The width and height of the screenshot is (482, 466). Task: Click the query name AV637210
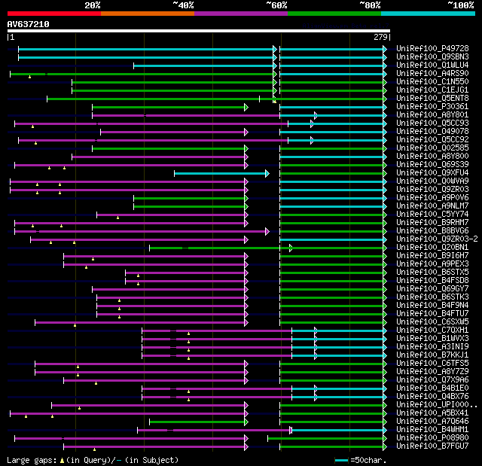click(x=28, y=24)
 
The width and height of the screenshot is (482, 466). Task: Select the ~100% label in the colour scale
click(x=460, y=5)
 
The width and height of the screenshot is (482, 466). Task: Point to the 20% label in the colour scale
click(x=93, y=5)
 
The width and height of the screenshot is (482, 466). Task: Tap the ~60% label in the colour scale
click(x=276, y=5)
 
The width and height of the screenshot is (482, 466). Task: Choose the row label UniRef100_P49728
click(x=432, y=48)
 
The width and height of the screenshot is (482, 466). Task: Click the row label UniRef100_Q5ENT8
click(x=432, y=98)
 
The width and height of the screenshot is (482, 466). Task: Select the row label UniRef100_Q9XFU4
click(x=432, y=172)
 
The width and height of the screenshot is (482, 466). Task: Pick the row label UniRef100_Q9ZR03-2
click(x=436, y=239)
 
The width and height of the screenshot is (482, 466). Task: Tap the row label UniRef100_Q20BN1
click(x=432, y=247)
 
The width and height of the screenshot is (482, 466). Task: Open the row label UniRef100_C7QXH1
click(x=432, y=330)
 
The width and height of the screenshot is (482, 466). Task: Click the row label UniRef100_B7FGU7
click(x=432, y=446)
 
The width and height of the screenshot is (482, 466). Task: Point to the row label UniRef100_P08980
click(x=432, y=437)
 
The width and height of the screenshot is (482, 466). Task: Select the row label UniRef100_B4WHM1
click(x=432, y=429)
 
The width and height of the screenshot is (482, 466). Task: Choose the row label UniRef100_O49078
click(x=432, y=131)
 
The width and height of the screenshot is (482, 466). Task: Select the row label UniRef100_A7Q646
click(x=432, y=421)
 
